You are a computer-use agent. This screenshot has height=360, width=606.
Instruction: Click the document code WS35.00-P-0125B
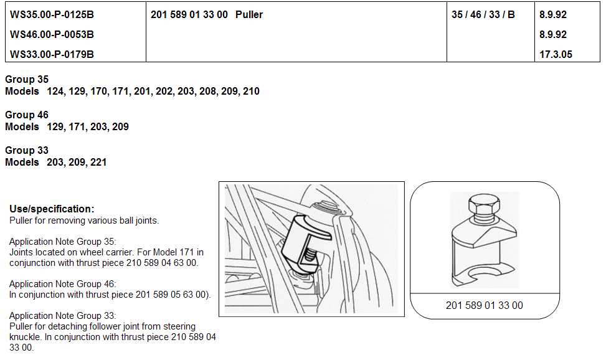pyautogui.click(x=52, y=15)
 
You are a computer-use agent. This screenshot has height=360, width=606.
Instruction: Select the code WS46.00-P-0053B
pyautogui.click(x=52, y=34)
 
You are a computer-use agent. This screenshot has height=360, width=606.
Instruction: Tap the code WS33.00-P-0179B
pyautogui.click(x=52, y=55)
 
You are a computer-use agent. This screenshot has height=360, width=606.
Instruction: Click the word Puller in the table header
pyautogui.click(x=249, y=15)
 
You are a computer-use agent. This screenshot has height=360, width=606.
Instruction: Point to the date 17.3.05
pyautogui.click(x=556, y=55)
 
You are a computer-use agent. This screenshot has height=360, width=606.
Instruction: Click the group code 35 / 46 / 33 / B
pyautogui.click(x=483, y=15)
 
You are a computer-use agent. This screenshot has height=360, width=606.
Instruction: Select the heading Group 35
pyautogui.click(x=27, y=79)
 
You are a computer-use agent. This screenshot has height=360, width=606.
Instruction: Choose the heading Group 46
pyautogui.click(x=27, y=115)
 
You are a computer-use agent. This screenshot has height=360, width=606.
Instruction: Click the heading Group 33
pyautogui.click(x=27, y=151)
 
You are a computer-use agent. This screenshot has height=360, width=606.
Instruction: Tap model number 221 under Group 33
pyautogui.click(x=98, y=163)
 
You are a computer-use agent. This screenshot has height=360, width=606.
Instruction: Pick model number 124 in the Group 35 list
pyautogui.click(x=55, y=92)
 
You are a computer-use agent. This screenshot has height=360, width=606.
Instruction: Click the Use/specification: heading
pyautogui.click(x=52, y=209)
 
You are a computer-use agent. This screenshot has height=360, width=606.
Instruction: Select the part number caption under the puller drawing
pyautogui.click(x=485, y=305)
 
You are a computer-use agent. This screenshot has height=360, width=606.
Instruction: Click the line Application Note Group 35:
pyautogui.click(x=62, y=242)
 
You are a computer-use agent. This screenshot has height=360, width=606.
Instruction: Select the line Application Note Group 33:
pyautogui.click(x=62, y=316)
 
